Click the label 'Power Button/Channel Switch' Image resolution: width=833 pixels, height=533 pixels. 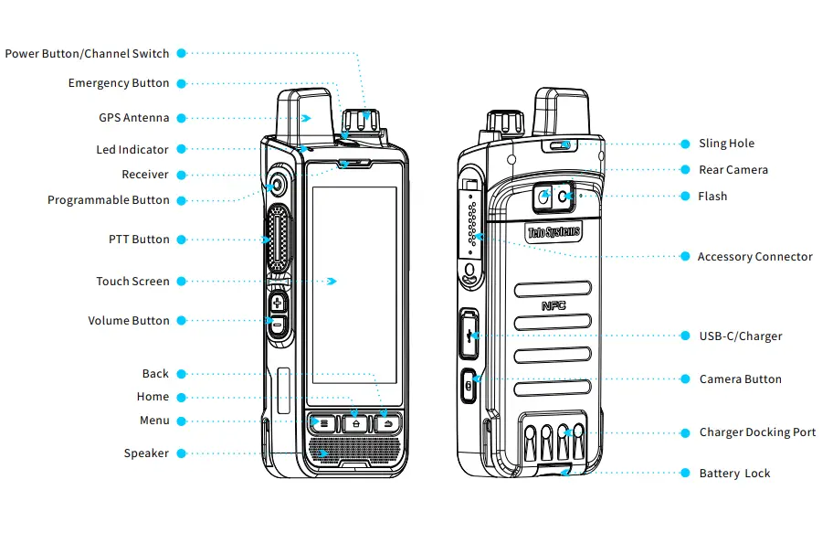[x=87, y=54]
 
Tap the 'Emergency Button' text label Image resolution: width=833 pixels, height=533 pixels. [x=119, y=83]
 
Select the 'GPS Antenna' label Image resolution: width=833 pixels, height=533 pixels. [x=134, y=118]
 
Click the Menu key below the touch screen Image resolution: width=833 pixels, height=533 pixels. [x=321, y=423]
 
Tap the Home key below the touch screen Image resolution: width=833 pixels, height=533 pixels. [x=355, y=423]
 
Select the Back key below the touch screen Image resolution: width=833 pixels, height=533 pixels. [x=388, y=423]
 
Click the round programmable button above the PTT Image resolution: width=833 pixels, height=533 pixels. [x=277, y=187]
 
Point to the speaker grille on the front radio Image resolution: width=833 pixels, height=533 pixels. [x=354, y=451]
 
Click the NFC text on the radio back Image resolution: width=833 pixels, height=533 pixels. [x=554, y=305]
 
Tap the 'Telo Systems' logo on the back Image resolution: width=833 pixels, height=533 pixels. [x=554, y=232]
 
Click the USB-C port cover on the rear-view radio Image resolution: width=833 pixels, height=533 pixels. [x=469, y=335]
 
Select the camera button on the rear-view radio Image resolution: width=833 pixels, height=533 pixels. [x=469, y=384]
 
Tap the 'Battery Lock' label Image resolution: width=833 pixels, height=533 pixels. [x=734, y=474]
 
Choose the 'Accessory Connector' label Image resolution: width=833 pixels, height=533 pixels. [x=754, y=257]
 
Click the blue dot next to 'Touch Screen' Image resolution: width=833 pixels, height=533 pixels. [x=181, y=282]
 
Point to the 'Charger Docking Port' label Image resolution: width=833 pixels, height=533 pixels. [x=757, y=432]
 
